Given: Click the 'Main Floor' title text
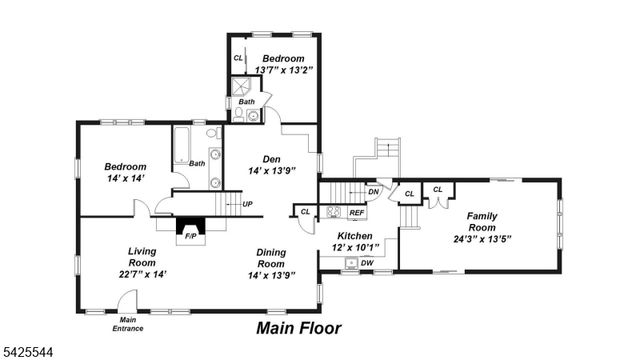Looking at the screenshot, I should [x=299, y=327].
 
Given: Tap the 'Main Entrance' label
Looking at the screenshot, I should [x=127, y=324].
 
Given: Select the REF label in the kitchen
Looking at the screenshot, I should [x=357, y=212].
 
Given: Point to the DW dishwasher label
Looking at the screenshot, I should [x=367, y=263].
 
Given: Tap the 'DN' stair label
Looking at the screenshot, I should [x=373, y=191].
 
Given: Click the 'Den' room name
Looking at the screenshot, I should [x=271, y=159].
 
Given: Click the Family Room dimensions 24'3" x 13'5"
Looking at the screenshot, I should [x=482, y=239].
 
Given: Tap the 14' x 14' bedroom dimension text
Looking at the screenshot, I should [x=125, y=178].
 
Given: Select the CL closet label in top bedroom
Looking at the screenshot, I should [x=238, y=58].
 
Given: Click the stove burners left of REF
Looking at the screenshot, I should [x=334, y=212].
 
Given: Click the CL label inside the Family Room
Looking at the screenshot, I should [x=438, y=189].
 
